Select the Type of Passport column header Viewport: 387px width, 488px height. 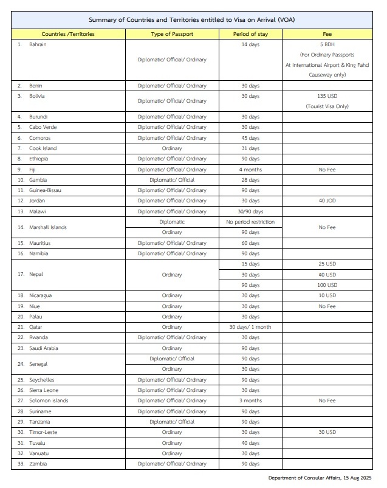click(172, 34)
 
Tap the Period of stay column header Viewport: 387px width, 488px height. click(250, 34)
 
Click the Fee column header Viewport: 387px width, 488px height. click(327, 34)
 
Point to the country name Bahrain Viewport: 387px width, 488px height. click(38, 45)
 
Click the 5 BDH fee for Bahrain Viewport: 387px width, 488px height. click(327, 45)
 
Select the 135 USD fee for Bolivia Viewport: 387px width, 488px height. click(327, 96)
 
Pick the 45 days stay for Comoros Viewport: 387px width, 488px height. click(250, 138)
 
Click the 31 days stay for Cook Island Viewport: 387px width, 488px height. click(250, 148)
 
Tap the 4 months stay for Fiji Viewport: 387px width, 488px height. click(250, 170)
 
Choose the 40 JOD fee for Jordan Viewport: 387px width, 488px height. click(327, 201)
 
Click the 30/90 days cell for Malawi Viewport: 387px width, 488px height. click(250, 211)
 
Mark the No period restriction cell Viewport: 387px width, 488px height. click(250, 222)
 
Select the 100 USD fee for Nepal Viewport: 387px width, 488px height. click(327, 284)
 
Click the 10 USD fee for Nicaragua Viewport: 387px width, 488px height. click(327, 295)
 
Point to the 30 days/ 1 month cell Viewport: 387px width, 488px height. click(250, 327)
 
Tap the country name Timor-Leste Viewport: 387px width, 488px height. click(43, 432)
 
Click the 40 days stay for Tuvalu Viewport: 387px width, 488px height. click(250, 442)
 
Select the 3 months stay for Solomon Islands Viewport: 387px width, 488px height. click(250, 400)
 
